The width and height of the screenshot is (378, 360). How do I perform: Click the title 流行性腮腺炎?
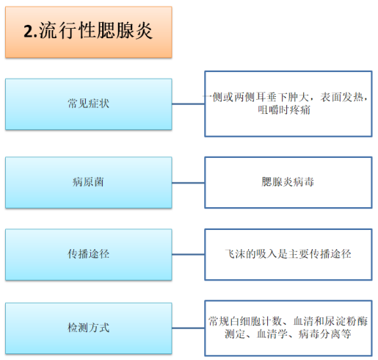[x=96, y=31]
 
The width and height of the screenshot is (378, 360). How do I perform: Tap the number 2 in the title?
[x=28, y=32]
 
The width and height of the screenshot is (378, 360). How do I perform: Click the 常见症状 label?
[x=89, y=104]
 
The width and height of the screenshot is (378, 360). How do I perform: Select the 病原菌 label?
[x=88, y=182]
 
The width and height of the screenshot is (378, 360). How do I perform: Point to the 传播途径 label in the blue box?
[x=89, y=254]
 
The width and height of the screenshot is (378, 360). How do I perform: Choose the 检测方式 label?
[x=89, y=328]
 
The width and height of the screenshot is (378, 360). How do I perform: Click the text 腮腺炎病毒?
[x=288, y=181]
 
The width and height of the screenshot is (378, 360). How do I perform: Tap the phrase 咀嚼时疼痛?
[x=284, y=110]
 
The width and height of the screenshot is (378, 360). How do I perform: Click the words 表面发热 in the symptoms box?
[x=342, y=97]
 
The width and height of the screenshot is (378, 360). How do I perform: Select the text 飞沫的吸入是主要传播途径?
[x=288, y=254]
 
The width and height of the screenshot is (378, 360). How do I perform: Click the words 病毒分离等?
[x=324, y=334]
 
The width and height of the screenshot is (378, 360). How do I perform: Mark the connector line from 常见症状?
[x=189, y=104]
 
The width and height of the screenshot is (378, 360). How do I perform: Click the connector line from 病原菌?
[x=189, y=183]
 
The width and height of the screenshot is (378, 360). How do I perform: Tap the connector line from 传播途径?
[x=189, y=254]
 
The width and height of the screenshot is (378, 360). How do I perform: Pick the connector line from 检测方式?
[x=189, y=328]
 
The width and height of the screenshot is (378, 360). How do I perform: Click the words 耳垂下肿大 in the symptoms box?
[x=282, y=97]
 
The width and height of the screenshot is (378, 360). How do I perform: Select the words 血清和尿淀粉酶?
[x=330, y=321]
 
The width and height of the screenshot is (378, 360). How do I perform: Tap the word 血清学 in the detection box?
[x=272, y=334]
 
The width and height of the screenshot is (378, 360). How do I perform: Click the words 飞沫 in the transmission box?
[x=235, y=254]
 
